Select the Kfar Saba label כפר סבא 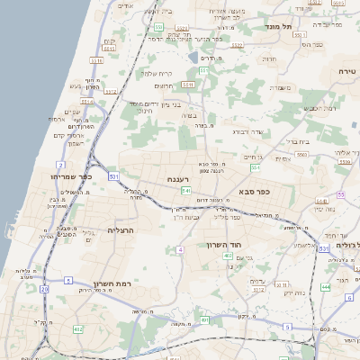(256, 191)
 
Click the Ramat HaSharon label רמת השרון (112, 284)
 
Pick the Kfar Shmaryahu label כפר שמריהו (71, 176)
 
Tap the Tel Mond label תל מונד (280, 27)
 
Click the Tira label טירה (348, 70)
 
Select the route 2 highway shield (60, 166)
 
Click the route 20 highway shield (44, 289)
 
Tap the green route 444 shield (324, 287)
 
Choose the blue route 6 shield (349, 297)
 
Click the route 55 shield (340, 193)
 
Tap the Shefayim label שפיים (72, 112)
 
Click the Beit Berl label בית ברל (298, 141)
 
